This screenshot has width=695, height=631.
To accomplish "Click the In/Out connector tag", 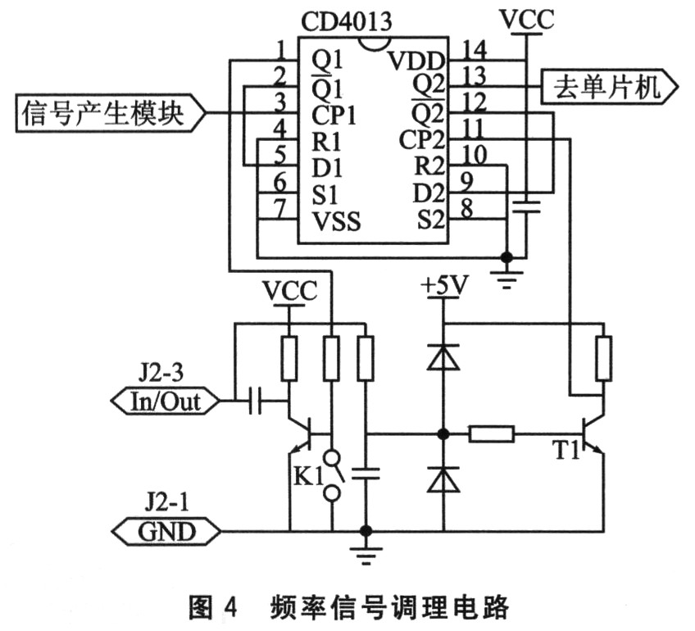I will click(x=164, y=402).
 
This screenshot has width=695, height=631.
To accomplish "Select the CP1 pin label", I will click(x=333, y=114).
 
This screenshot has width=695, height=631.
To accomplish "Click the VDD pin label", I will click(x=416, y=61).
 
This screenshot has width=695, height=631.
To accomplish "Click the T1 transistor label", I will click(x=564, y=450).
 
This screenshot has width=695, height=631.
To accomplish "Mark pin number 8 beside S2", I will click(x=466, y=210).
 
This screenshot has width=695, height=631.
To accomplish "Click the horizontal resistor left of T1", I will click(x=491, y=434).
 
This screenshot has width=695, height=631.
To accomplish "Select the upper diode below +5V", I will click(x=443, y=356).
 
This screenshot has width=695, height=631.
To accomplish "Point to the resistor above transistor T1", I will click(x=603, y=357).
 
